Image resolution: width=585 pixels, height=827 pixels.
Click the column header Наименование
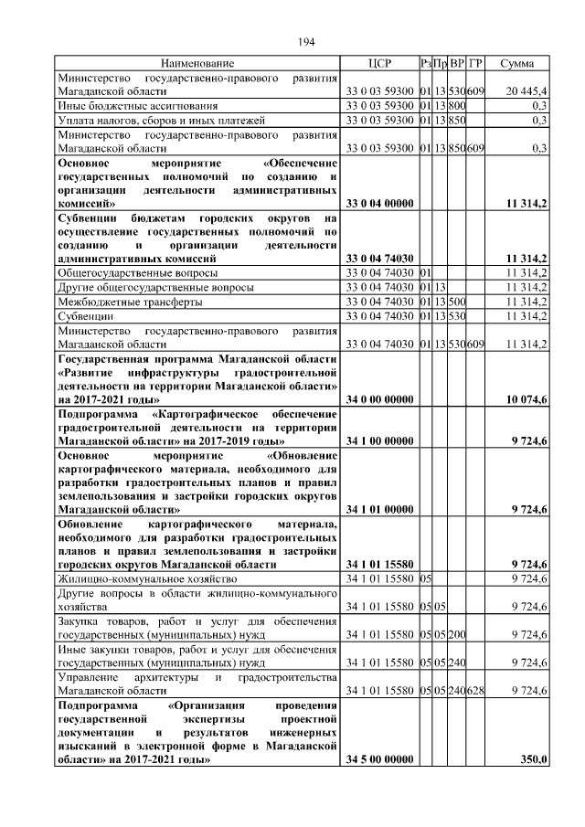click(197, 64)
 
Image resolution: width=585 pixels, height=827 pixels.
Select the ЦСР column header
click(378, 64)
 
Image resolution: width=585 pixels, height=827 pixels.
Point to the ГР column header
click(475, 64)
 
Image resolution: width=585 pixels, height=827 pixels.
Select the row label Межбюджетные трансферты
click(125, 301)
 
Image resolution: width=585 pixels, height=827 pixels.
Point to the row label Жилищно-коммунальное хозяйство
click(135, 578)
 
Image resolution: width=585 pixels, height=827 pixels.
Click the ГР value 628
click(475, 690)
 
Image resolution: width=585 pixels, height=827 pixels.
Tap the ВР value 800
click(457, 106)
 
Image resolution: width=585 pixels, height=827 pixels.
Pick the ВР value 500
click(457, 301)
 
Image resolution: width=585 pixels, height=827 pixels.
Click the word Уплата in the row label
click(76, 120)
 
